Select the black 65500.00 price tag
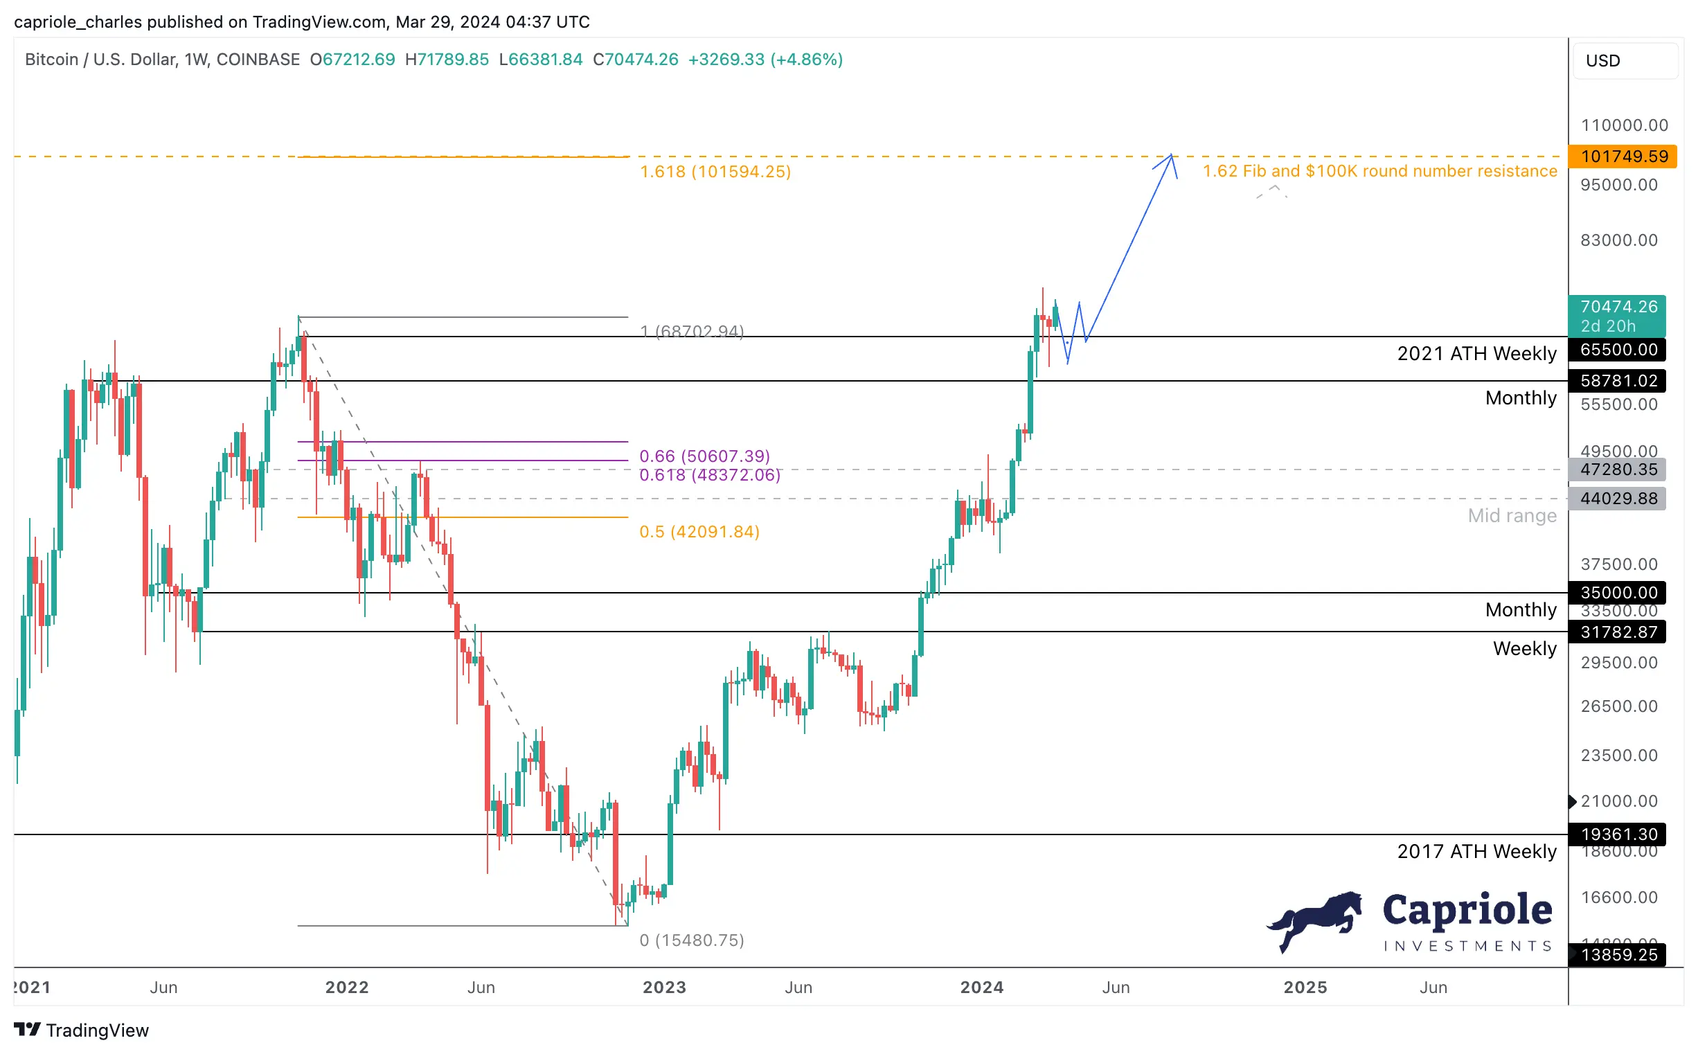pos(1617,350)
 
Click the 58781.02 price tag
pos(1617,382)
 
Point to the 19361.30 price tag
pos(1617,835)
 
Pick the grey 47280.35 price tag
pos(1617,470)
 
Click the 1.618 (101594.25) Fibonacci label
pos(716,172)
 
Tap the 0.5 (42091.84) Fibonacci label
pos(700,533)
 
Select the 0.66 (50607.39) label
pos(705,456)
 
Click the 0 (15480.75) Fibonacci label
pos(692,941)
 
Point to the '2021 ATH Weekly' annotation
pos(1477,354)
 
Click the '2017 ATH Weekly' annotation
pos(1477,852)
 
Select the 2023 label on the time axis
pos(664,988)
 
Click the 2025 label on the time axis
pos(1305,988)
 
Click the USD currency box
pos(1625,61)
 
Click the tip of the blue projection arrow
pos(1172,154)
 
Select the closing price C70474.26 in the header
pos(636,60)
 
